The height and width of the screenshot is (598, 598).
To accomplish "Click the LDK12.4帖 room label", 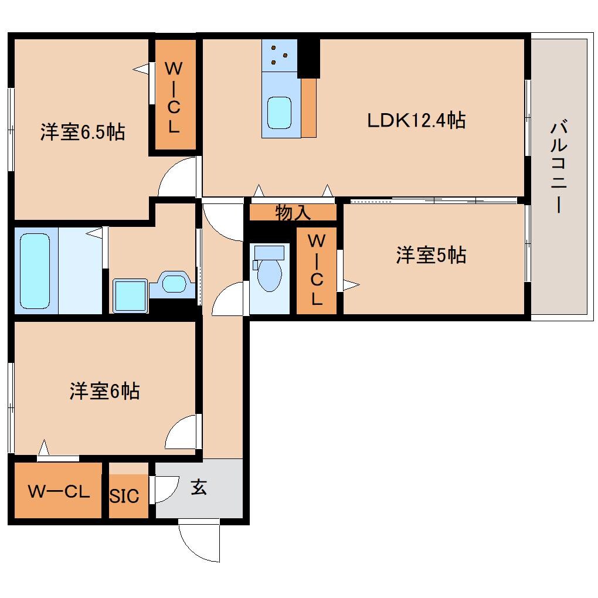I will [416, 121].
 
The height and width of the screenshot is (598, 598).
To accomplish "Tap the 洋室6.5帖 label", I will [82, 132].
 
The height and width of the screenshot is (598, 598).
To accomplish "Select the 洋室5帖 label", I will [431, 256].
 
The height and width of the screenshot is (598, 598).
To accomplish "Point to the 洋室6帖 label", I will [104, 391].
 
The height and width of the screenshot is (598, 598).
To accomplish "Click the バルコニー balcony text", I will [559, 167].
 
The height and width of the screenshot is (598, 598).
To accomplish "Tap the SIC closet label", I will [125, 496].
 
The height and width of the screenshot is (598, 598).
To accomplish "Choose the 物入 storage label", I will [293, 213].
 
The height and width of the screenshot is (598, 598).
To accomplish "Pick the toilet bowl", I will [269, 273].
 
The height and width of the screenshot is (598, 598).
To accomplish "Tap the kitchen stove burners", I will [279, 55].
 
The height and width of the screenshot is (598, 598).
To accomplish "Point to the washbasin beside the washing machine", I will [173, 284].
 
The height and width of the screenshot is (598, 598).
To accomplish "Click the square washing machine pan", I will [129, 295].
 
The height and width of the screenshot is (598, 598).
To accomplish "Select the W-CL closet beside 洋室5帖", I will [317, 270].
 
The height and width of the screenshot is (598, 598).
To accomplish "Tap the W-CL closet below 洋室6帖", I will [58, 491].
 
